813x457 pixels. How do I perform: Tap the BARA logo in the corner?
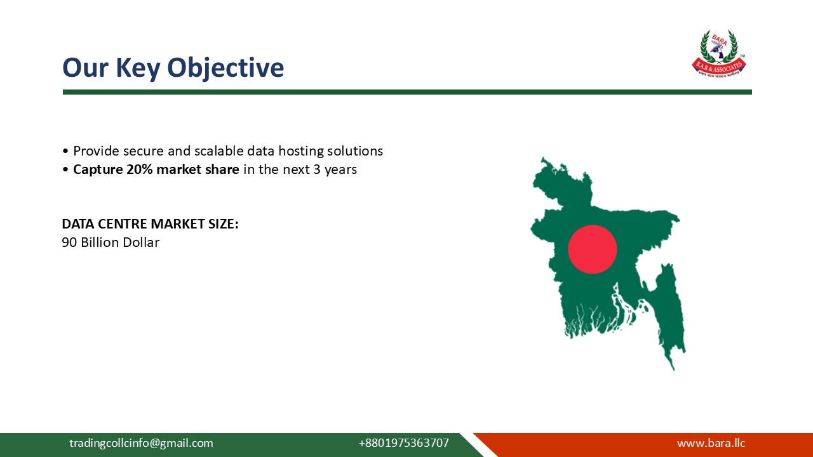718,54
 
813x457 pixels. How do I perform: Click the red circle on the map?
592,249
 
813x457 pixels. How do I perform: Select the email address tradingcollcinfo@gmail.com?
141,443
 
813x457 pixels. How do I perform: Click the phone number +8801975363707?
403,443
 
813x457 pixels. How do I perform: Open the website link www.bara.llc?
711,443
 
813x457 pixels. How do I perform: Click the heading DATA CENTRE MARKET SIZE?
150,224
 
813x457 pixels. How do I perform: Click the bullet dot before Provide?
65,152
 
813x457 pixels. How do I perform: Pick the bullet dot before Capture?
65,170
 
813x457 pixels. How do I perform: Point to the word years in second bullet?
340,170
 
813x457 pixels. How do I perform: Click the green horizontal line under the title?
406,92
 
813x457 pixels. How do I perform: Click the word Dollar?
142,242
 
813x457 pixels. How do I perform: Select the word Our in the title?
80,68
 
